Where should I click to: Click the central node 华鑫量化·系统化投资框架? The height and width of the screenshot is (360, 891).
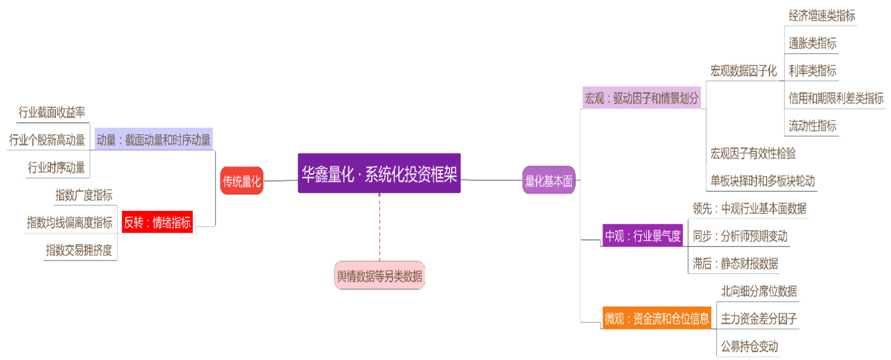379,173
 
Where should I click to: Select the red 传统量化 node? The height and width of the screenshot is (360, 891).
242,181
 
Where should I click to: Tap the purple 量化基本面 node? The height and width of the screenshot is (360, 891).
548,180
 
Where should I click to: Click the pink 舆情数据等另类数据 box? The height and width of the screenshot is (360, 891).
379,276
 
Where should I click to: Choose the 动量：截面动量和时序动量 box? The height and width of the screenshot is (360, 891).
154,140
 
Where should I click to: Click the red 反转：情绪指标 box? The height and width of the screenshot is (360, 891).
157,222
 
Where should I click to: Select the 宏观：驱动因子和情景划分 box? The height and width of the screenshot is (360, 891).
641,98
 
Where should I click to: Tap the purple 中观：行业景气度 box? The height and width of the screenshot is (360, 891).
643,236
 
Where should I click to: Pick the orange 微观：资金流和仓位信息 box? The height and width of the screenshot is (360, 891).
656,318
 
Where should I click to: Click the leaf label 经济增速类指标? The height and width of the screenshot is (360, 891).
822,16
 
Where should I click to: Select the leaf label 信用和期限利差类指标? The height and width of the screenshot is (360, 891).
836,98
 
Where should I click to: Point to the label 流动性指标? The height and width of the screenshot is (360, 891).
812,126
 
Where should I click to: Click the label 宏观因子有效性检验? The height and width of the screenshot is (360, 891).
753,154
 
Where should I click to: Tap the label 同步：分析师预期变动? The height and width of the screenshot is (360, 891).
740,236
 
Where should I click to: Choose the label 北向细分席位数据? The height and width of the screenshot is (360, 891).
759,291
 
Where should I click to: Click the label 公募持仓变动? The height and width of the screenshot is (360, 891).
749,346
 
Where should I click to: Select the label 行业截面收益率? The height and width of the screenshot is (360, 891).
52,112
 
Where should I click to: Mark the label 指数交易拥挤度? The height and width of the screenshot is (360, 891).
79,250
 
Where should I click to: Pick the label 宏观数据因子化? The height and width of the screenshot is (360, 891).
743,71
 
